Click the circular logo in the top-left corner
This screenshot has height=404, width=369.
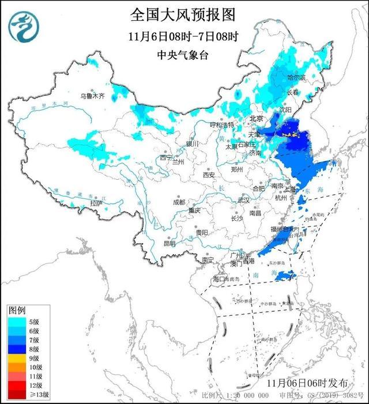pyautogui.click(x=22, y=27)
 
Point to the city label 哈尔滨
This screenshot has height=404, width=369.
pyautogui.click(x=298, y=77)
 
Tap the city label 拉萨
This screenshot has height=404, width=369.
pyautogui.click(x=96, y=203)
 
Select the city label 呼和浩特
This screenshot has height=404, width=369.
pyautogui.click(x=221, y=124)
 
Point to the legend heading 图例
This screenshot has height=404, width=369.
pyautogui.click(x=17, y=311)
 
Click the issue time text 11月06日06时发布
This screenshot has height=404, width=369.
pyautogui.click(x=316, y=383)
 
